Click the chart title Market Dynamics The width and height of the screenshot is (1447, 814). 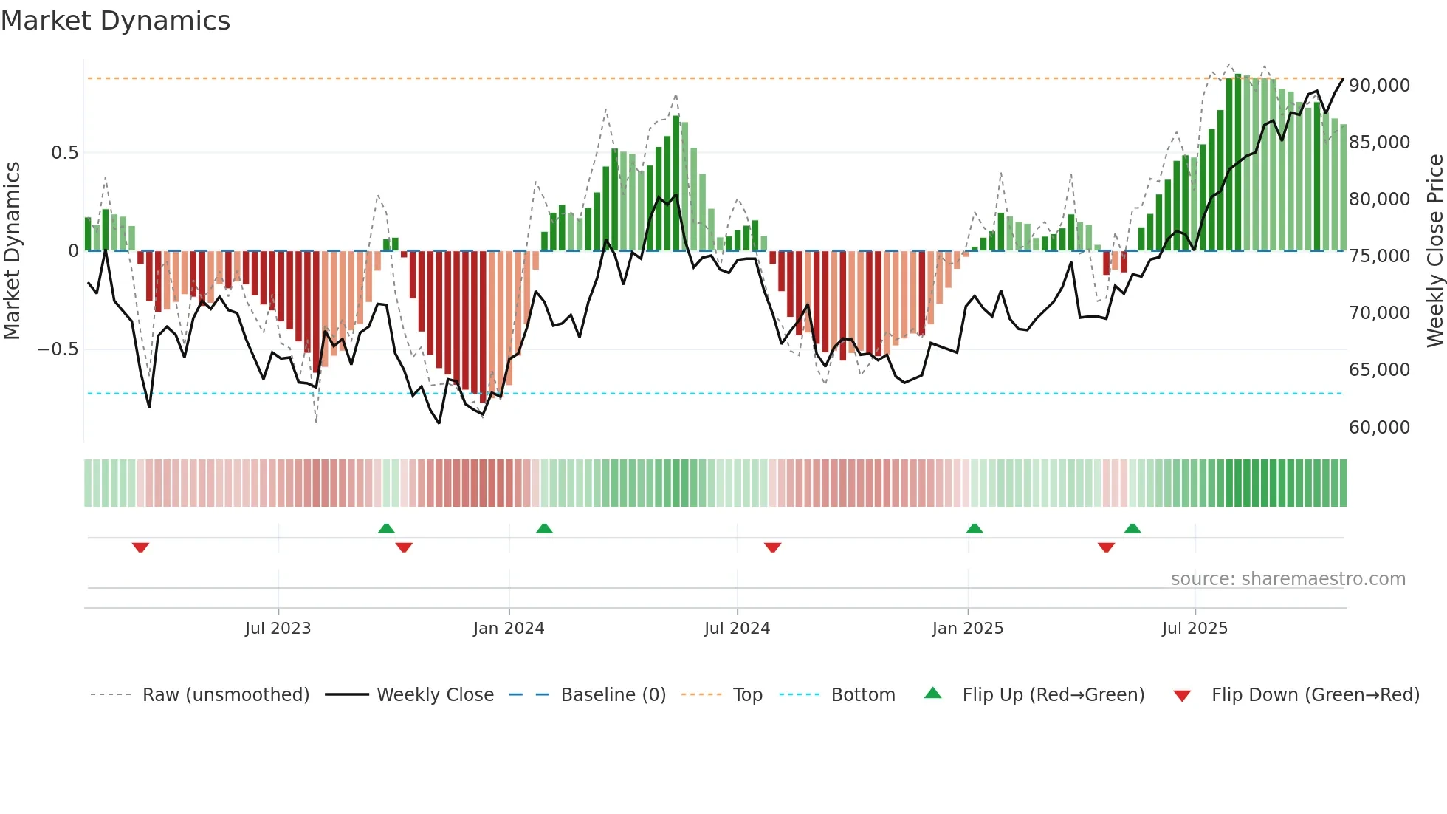click(x=115, y=21)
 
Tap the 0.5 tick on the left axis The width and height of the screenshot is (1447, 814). click(x=64, y=153)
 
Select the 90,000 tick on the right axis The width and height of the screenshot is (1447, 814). click(x=1379, y=86)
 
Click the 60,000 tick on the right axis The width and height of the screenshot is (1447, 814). click(x=1379, y=428)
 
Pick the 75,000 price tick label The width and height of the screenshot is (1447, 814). click(x=1379, y=256)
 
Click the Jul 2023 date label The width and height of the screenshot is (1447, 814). click(x=278, y=629)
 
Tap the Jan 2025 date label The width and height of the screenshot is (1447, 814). click(x=967, y=629)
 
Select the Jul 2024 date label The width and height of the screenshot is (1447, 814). click(x=737, y=629)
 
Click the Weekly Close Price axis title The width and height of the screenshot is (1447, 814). click(x=1434, y=251)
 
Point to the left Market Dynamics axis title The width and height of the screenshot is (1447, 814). click(x=12, y=251)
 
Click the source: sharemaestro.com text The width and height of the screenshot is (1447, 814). click(x=1288, y=579)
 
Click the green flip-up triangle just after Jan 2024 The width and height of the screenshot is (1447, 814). click(x=544, y=529)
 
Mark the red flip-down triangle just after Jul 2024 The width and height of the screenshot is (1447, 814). click(x=772, y=547)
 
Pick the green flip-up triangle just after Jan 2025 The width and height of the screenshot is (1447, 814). click(x=975, y=529)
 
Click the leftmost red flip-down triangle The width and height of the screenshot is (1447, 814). click(x=140, y=547)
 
